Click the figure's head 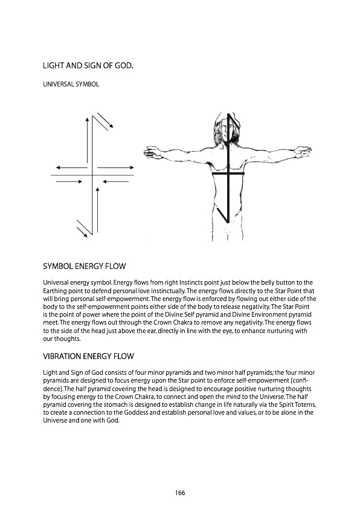228,128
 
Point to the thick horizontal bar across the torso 228,173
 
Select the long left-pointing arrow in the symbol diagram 71,166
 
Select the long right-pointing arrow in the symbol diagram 115,166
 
